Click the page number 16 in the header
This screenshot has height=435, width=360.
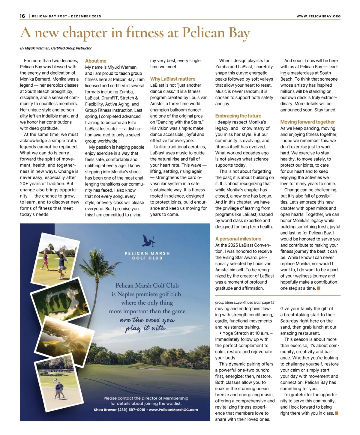pyautogui.click(x=22, y=16)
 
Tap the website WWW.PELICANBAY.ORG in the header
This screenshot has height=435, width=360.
pyautogui.click(x=318, y=16)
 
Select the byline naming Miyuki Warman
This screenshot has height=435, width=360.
pyautogui.click(x=56, y=48)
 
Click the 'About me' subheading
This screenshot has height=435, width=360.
pyautogui.click(x=96, y=61)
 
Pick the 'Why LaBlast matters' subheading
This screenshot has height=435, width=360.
pyautogui.click(x=172, y=79)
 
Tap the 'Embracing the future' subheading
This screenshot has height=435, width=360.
pyautogui.click(x=238, y=116)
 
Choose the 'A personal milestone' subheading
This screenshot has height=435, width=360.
pyautogui.click(x=238, y=239)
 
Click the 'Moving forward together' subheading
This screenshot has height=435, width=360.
pyautogui.click(x=307, y=122)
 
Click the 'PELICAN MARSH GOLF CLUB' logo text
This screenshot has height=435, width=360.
pyautogui.click(x=147, y=255)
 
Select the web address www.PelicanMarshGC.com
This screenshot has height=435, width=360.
pyautogui.click(x=173, y=410)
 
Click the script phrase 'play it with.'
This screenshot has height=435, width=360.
pyautogui.click(x=146, y=329)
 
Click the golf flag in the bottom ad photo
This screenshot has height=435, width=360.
pyautogui.click(x=55, y=381)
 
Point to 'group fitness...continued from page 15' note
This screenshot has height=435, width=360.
pyautogui.click(x=244, y=302)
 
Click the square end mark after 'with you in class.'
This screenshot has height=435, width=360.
pyautogui.click(x=337, y=413)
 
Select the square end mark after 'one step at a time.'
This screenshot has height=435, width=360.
pyautogui.click(x=319, y=288)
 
